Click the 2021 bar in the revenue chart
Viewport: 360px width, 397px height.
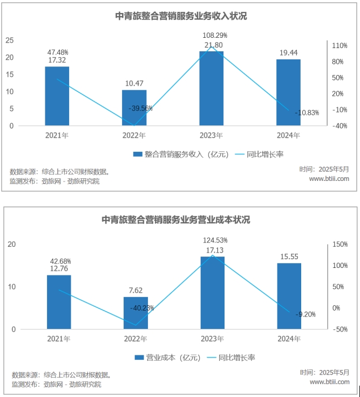pyautogui.click(x=57, y=96)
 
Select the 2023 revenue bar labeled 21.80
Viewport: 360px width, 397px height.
pyautogui.click(x=211, y=88)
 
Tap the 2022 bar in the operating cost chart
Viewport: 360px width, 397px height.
pyautogui.click(x=135, y=313)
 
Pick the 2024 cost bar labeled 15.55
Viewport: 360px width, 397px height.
pyautogui.click(x=289, y=296)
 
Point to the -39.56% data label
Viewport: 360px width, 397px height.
pyautogui.click(x=140, y=108)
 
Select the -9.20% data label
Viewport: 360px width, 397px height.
pyautogui.click(x=305, y=314)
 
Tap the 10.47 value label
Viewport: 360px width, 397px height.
pyautogui.click(x=134, y=83)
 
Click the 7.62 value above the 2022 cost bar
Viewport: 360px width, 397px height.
pyautogui.click(x=135, y=290)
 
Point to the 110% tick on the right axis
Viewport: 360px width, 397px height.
pyautogui.click(x=339, y=46)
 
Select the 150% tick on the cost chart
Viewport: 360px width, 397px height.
pyautogui.click(x=340, y=245)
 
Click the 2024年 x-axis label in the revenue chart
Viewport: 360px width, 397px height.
pyautogui.click(x=288, y=135)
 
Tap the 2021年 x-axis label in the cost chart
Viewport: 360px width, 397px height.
pyautogui.click(x=58, y=339)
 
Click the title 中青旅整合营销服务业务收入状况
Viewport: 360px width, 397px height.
pyautogui.click(x=181, y=16)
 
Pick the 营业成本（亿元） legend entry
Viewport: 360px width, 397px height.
pyautogui.click(x=167, y=358)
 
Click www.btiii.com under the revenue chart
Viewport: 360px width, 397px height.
pyautogui.click(x=329, y=178)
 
